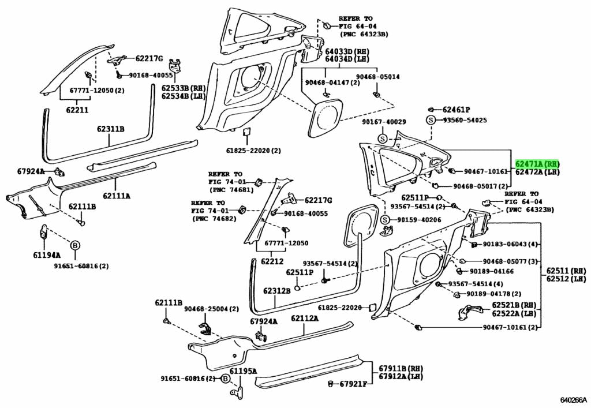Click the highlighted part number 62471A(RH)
(x=537, y=164)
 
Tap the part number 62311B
(x=110, y=129)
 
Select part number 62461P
(x=456, y=110)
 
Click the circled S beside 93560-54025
(x=430, y=120)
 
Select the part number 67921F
(x=353, y=384)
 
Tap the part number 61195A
(x=243, y=371)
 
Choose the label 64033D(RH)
(x=347, y=51)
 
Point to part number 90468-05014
(x=377, y=77)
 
